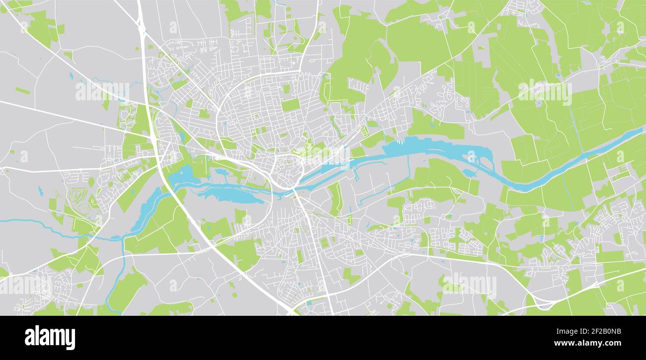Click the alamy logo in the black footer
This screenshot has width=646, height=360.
(50, 338)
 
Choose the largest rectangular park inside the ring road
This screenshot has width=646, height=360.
(291, 105)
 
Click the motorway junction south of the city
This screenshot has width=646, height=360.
(293, 310)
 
